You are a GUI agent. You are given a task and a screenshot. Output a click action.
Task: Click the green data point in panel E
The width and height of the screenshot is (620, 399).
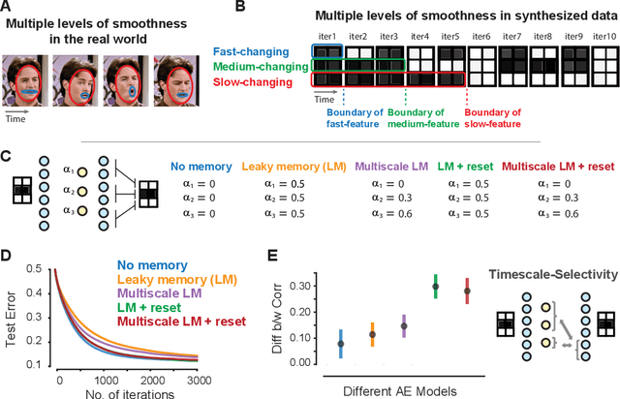tap(436, 287)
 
